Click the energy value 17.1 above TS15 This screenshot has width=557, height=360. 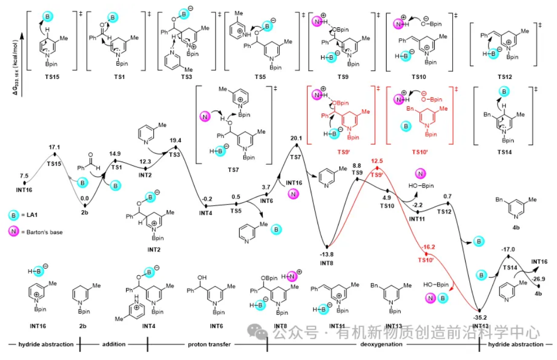click(55, 148)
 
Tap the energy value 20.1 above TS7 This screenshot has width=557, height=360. click(296, 138)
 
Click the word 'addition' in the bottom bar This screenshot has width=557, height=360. click(114, 344)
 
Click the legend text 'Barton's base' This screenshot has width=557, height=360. click(46, 232)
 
